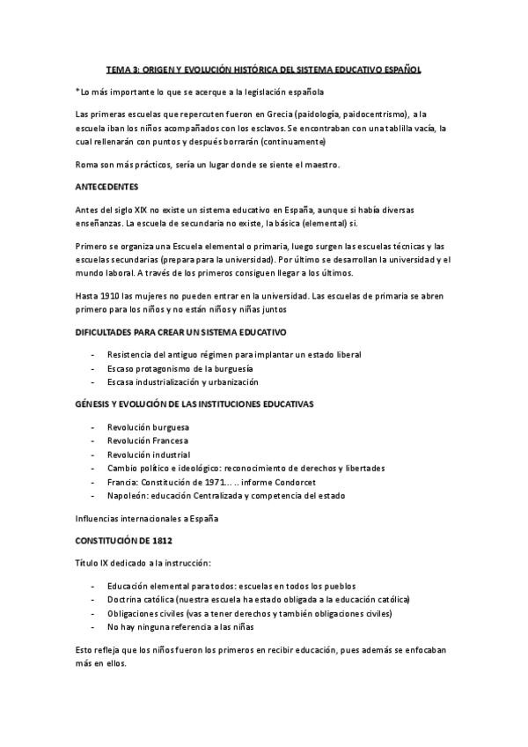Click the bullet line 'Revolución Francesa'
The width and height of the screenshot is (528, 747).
click(147, 440)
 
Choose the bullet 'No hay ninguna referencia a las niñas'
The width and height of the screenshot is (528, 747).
click(180, 626)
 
